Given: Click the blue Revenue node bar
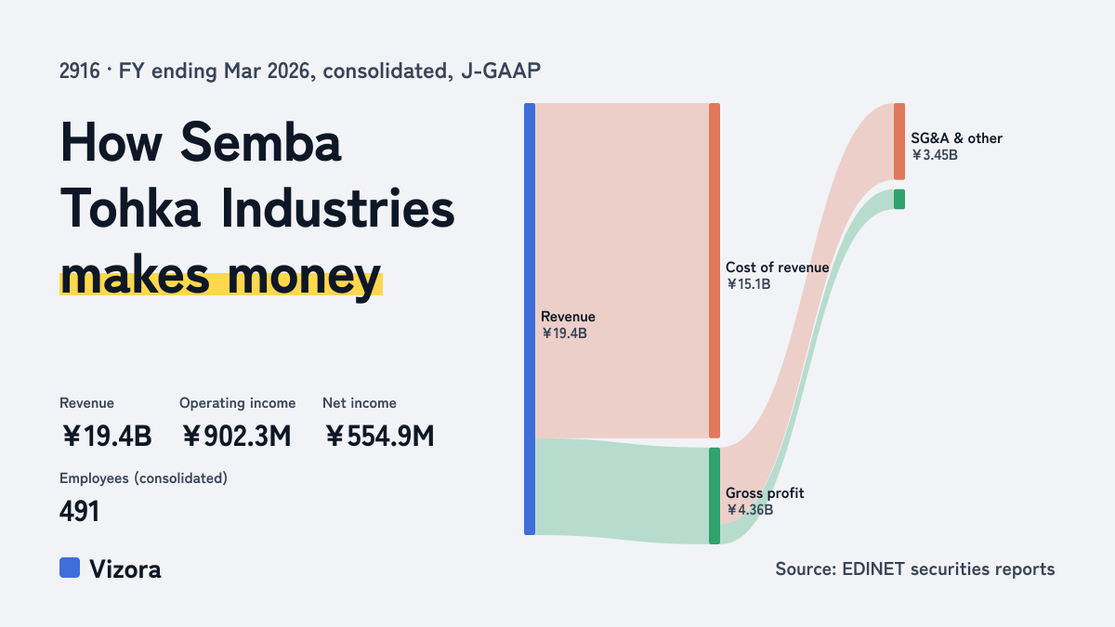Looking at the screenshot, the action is click(530, 319).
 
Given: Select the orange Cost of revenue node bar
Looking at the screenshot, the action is click(715, 270).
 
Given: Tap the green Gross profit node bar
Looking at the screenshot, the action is click(715, 496).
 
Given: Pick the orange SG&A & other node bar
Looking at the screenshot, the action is click(899, 141).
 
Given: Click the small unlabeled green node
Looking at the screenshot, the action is click(899, 199).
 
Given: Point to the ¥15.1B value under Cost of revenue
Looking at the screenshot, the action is click(748, 284).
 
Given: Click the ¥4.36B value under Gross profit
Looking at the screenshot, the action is click(749, 510).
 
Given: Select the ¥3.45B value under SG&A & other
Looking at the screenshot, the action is click(935, 155).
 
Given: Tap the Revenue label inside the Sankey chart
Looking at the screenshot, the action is click(568, 317).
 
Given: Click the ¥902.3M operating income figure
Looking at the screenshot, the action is click(236, 436).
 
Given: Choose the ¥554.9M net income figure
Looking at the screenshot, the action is click(380, 436).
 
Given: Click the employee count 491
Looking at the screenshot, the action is click(79, 511).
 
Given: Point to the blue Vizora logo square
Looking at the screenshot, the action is click(70, 568).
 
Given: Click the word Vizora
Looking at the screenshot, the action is click(125, 569).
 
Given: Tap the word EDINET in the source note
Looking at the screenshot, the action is click(873, 568).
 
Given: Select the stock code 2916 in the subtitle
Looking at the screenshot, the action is click(80, 72).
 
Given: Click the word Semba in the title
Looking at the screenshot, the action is click(260, 142).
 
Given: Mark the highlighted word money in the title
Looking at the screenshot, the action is click(304, 277).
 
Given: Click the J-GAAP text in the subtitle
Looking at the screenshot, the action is click(501, 72).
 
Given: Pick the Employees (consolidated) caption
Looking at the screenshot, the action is click(143, 478).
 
